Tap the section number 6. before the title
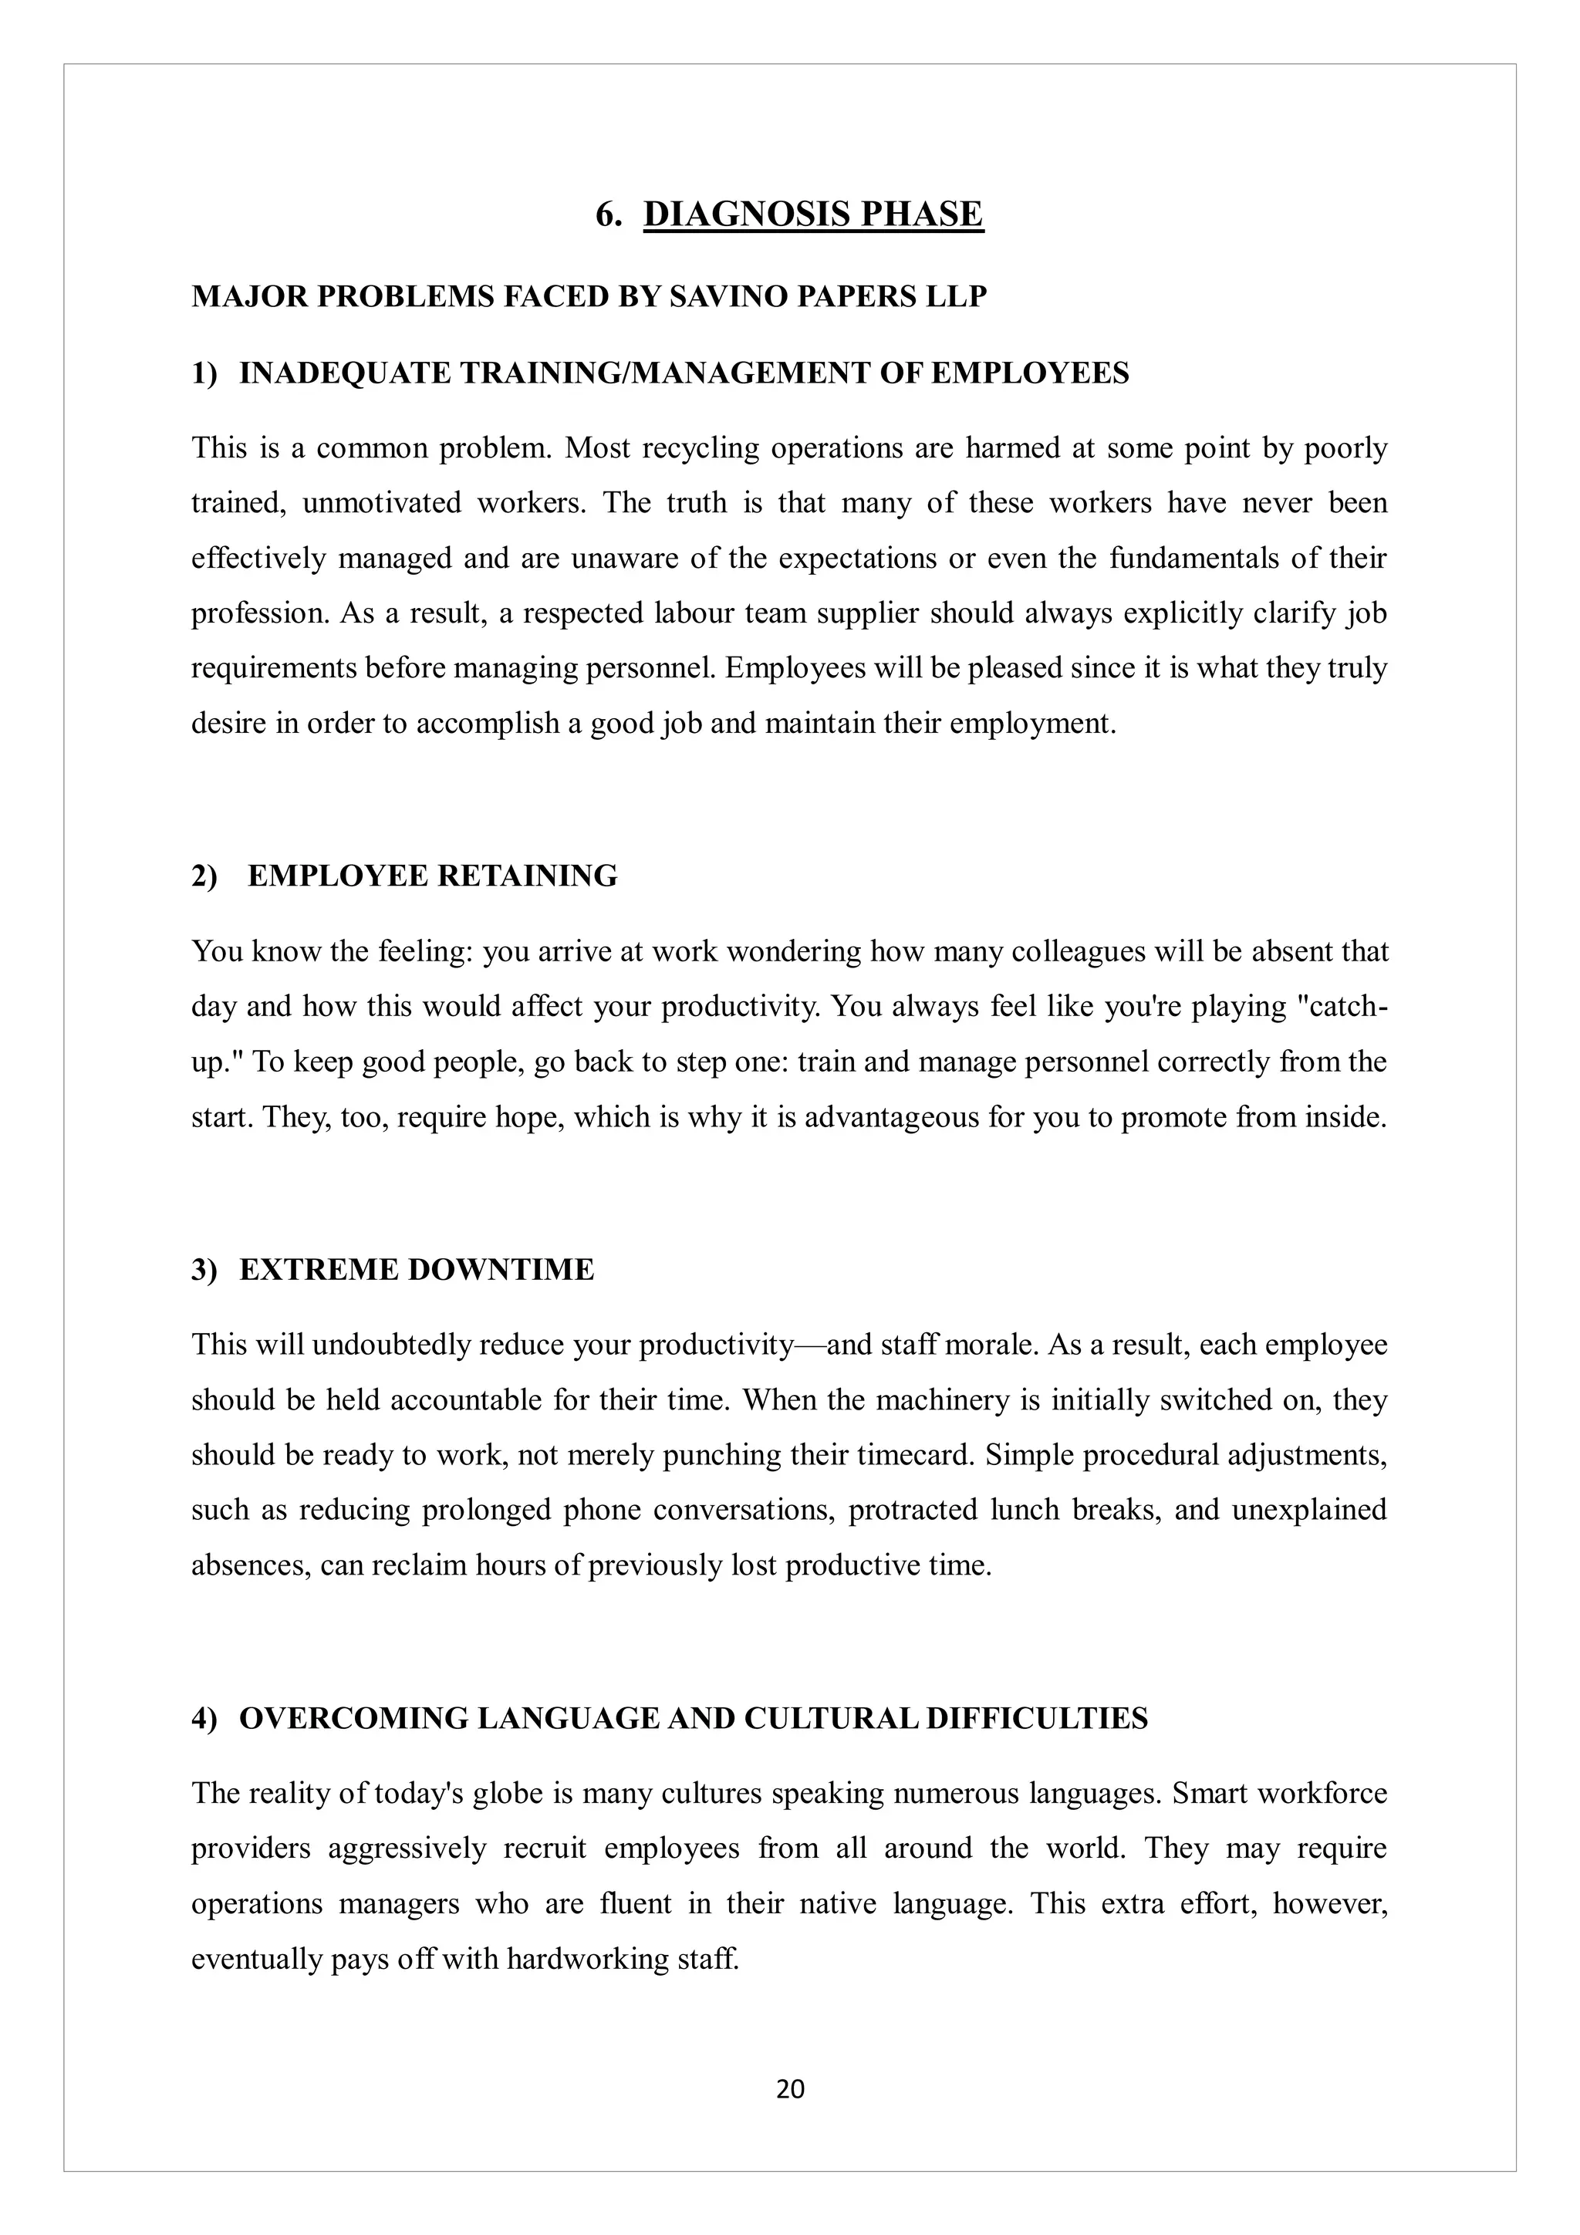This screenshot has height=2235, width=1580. (x=609, y=214)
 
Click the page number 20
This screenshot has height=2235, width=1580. (x=789, y=2089)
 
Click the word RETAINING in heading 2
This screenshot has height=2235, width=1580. (x=527, y=876)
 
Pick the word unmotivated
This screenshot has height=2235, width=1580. (x=382, y=503)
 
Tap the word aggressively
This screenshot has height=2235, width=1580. (x=406, y=1848)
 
